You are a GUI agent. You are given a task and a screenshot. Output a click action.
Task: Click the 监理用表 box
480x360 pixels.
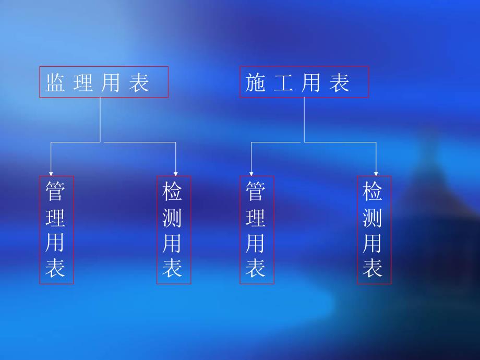[104, 82]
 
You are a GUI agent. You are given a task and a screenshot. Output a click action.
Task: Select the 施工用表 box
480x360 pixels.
[304, 82]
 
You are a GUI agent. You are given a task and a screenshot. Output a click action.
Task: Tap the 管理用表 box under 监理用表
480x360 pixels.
[56, 230]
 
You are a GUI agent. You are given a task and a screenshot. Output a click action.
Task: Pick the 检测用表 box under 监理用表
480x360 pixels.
[174, 230]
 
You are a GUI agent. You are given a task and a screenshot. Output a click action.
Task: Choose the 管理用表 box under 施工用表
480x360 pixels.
[257, 230]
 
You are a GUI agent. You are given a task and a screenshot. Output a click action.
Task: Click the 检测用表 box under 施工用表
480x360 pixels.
[374, 230]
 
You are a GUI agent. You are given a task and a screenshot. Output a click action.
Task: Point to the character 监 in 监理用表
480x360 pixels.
[55, 83]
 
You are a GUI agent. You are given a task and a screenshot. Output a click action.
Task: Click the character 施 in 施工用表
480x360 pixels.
[256, 83]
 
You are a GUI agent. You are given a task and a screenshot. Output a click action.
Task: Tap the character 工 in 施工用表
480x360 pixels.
[283, 83]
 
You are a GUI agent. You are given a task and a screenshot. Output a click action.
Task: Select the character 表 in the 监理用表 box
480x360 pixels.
[139, 83]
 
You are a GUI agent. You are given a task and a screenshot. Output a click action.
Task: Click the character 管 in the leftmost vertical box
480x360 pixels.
[56, 191]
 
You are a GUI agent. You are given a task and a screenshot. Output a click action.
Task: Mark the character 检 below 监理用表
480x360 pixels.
[173, 191]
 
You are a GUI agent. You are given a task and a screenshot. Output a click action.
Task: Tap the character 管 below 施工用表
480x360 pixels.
[256, 191]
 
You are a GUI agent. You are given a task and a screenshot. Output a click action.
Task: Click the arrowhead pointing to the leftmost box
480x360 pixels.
[51, 173]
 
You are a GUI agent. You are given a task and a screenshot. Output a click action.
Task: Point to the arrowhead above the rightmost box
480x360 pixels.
[376, 173]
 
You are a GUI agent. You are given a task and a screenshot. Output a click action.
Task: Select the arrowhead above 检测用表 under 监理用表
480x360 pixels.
[176, 173]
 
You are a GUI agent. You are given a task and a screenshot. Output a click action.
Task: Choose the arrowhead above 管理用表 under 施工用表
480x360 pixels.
[251, 173]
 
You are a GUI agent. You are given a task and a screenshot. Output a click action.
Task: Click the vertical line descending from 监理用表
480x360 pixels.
[100, 119]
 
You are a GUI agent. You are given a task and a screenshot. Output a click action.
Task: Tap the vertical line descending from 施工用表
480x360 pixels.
[304, 119]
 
